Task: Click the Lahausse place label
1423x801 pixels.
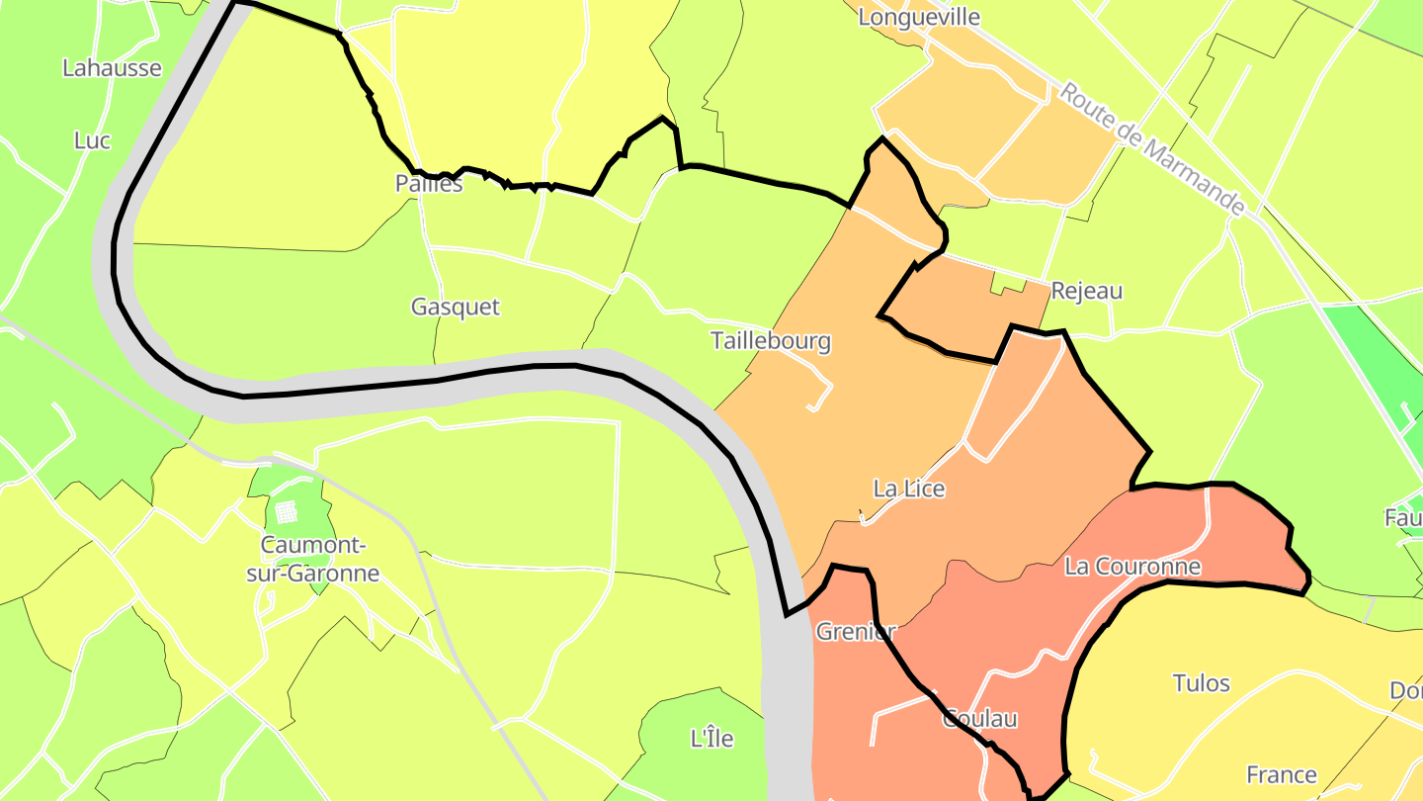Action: tap(112, 68)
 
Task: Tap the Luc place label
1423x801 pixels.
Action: tap(92, 140)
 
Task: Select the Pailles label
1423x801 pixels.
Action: tap(429, 184)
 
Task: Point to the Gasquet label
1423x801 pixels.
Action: tap(456, 308)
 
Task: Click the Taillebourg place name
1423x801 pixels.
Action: tap(771, 342)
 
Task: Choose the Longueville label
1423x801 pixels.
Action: tap(919, 17)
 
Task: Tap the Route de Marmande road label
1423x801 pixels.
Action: tap(1152, 148)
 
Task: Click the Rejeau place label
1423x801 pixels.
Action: tap(1087, 292)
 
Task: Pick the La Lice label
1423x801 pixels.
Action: tap(909, 489)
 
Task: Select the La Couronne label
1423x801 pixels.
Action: tap(1132, 567)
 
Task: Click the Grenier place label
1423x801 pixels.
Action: tap(855, 632)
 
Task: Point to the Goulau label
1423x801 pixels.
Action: tap(980, 719)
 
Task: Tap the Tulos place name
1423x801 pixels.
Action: tap(1202, 683)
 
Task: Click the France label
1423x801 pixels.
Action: tap(1282, 774)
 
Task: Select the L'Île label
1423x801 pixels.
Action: tap(711, 738)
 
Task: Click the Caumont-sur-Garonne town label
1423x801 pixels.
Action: tap(320, 560)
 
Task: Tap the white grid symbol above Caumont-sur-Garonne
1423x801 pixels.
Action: tap(287, 511)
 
